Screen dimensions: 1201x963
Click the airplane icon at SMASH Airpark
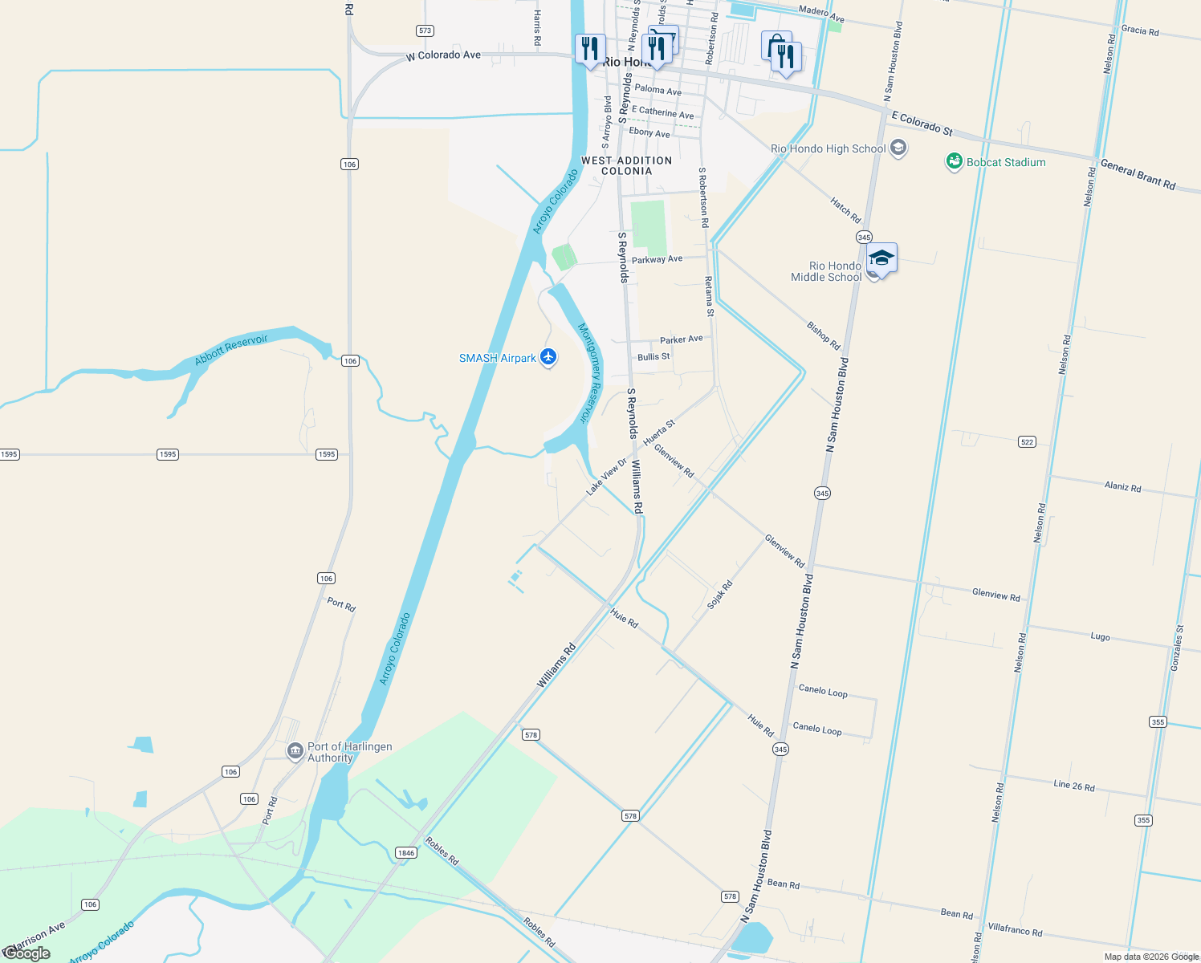tap(548, 357)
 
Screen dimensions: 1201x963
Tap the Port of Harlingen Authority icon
tap(295, 751)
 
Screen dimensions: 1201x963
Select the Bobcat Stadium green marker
tap(955, 162)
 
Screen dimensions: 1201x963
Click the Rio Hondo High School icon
tap(898, 148)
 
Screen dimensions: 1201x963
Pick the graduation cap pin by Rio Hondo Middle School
tap(881, 258)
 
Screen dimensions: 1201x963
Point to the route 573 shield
tap(425, 30)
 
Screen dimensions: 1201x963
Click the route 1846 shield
tap(405, 852)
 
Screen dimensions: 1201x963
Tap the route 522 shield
tap(1027, 441)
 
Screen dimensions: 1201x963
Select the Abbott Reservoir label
tap(231, 350)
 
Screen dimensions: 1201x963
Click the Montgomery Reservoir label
tap(590, 372)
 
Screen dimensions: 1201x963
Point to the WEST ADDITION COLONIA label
tap(626, 165)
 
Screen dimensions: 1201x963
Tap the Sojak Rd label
tap(719, 595)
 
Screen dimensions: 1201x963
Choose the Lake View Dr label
tap(606, 477)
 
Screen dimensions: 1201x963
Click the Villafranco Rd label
tap(1015, 930)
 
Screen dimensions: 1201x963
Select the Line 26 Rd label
tap(1073, 786)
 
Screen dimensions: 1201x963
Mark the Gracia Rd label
tap(1140, 30)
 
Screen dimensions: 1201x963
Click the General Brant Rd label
tap(1138, 174)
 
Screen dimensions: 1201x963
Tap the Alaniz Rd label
tap(1122, 486)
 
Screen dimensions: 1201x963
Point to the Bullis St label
tap(653, 356)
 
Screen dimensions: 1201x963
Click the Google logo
tap(27, 953)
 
